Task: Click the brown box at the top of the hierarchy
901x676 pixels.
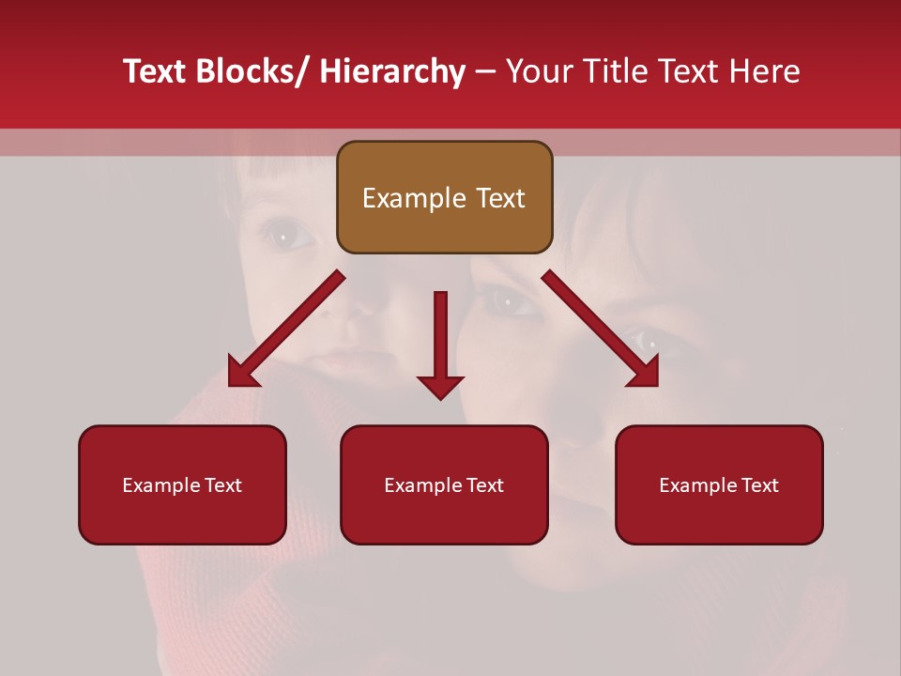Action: [444, 197]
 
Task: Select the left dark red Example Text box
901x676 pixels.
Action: [182, 484]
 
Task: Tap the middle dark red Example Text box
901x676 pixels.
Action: [444, 484]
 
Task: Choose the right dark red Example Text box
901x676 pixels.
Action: [719, 484]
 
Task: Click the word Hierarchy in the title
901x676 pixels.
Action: [392, 71]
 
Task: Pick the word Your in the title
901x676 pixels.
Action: [538, 71]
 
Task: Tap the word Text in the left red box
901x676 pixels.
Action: [222, 485]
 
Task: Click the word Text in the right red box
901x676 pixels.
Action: [759, 485]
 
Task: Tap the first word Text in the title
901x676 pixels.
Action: [156, 71]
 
